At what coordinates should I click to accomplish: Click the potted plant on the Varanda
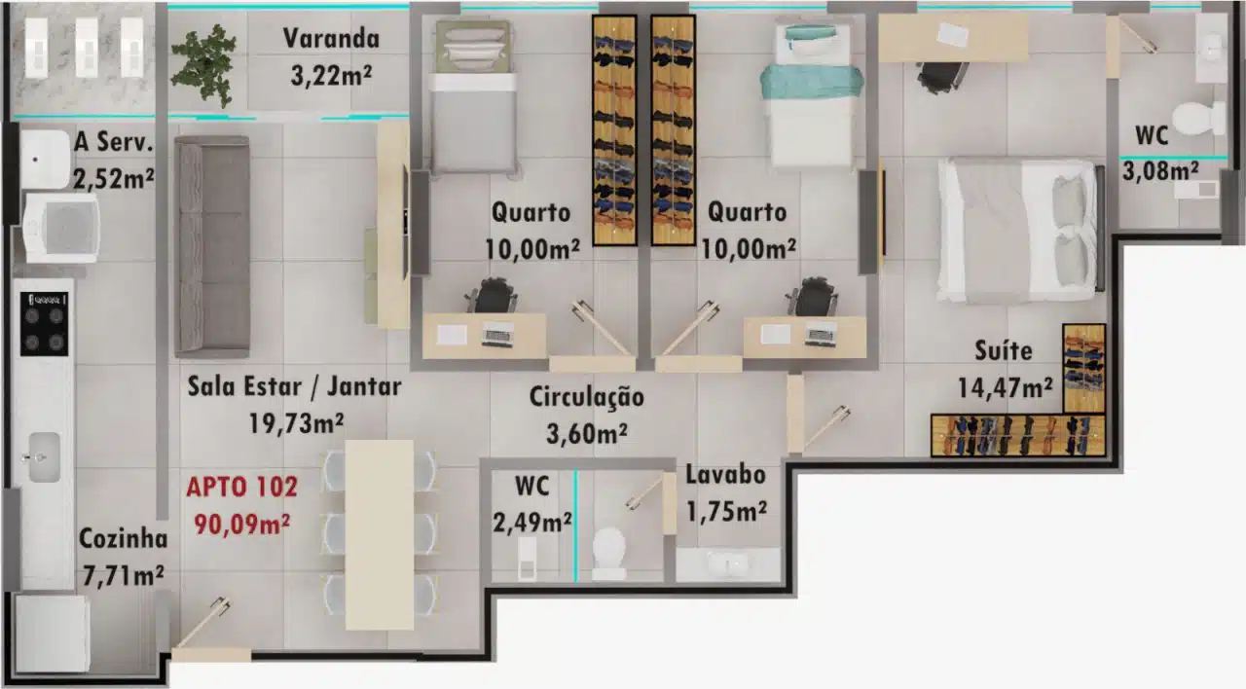click(203, 65)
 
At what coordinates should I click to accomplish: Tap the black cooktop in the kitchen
click(45, 324)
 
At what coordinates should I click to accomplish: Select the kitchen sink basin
click(44, 457)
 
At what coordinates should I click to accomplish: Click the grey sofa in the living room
click(212, 246)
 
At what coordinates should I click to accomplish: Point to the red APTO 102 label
click(242, 487)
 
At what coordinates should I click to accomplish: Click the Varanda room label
click(331, 38)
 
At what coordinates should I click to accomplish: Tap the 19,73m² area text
click(295, 423)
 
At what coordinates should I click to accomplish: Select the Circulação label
click(586, 397)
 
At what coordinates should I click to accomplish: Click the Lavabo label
click(725, 474)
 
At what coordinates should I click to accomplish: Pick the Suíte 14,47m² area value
click(1005, 387)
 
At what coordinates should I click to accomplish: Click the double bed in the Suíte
click(1020, 231)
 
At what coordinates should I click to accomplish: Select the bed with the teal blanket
click(812, 94)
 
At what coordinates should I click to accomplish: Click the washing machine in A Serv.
click(61, 228)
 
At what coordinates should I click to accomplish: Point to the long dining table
click(380, 535)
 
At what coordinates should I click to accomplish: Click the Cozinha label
click(123, 538)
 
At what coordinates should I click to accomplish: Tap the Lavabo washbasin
click(727, 564)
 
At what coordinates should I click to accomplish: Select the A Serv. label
click(114, 142)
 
